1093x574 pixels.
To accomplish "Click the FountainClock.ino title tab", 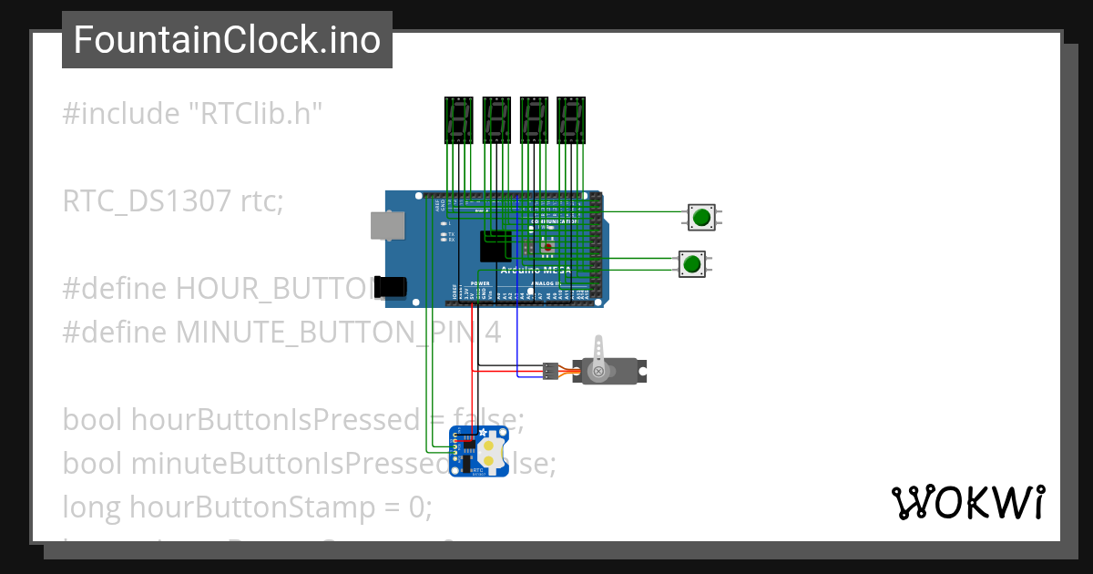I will coord(227,40).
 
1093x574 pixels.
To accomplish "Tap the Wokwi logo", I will coord(967,502).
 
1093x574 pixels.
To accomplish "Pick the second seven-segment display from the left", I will coord(495,119).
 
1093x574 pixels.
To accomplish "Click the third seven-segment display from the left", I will coord(533,119).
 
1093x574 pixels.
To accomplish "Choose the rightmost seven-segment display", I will coord(570,119).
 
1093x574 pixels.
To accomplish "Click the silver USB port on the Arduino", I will coord(386,226).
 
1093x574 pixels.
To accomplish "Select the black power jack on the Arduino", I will coord(391,286).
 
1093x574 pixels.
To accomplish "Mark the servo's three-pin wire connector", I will coord(549,371).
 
